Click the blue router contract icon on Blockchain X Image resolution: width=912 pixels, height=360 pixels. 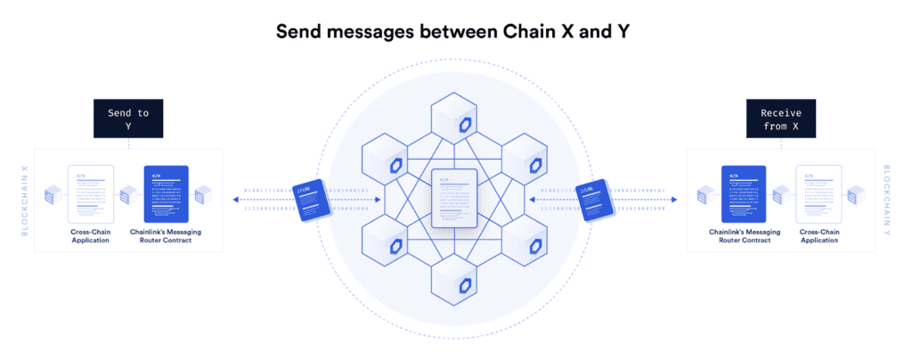click(x=166, y=193)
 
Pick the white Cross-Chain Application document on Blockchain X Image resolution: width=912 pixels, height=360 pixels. click(x=91, y=193)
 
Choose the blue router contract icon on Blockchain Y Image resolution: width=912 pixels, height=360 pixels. click(x=745, y=193)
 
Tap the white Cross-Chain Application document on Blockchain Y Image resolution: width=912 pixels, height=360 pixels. click(x=818, y=193)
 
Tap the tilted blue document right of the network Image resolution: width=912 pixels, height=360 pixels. click(x=596, y=200)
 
